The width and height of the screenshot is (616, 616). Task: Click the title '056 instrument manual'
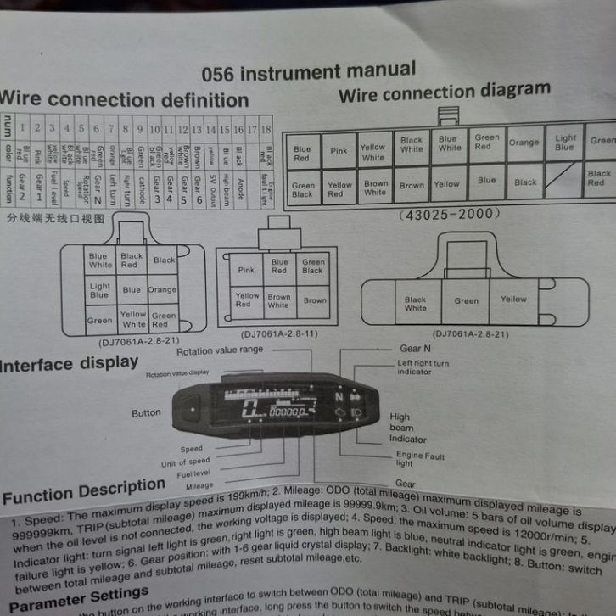coord(309,72)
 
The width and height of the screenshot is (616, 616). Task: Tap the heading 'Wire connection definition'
coord(124,98)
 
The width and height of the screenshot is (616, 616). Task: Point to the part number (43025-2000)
coord(449,214)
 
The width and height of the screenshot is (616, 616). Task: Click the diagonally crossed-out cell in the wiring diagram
coord(563,182)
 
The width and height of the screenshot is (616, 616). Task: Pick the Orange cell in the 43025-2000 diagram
coord(524,143)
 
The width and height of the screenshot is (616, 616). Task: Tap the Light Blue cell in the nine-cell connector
coord(99,291)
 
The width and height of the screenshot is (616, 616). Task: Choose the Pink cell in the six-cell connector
coord(246,270)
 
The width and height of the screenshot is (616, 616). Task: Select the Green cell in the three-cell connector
coord(466,300)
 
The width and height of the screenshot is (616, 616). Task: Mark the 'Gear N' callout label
coord(416,349)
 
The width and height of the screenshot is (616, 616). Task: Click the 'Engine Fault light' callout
coord(420,459)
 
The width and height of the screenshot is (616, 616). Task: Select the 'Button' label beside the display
coord(146,413)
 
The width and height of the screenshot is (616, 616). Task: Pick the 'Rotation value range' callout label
coord(220,350)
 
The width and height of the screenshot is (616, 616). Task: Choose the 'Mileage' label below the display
coord(199,485)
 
